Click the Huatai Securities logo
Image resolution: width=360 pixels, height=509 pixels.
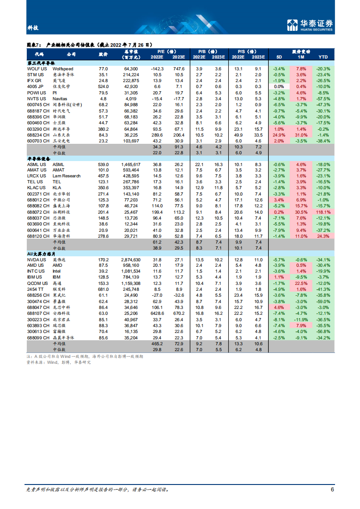(x=311, y=25)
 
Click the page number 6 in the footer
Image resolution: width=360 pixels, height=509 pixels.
(x=332, y=489)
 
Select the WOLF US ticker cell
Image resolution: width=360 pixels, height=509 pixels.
(x=36, y=69)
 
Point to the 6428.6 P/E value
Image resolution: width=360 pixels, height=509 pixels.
(x=158, y=313)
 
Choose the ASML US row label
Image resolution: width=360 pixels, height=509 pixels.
(x=36, y=164)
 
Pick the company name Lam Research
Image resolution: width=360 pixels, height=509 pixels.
(x=66, y=176)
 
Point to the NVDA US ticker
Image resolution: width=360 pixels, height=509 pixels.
(x=37, y=259)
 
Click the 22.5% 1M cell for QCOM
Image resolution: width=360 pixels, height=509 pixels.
(x=301, y=283)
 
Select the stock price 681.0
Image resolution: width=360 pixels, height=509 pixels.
(x=104, y=289)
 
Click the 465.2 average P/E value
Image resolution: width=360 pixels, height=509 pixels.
(x=158, y=344)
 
